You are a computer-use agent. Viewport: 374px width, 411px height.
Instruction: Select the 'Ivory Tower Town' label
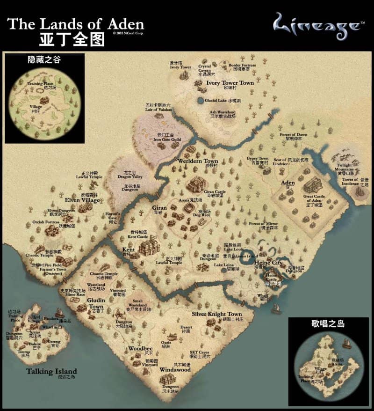pos(230,83)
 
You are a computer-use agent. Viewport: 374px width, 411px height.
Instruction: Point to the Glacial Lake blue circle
pos(201,100)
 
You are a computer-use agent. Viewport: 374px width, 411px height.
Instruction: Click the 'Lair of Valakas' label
pos(158,109)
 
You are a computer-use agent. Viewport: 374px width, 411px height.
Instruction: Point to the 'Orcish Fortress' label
pos(45,222)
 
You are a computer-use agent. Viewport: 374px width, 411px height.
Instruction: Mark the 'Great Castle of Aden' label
pos(314,198)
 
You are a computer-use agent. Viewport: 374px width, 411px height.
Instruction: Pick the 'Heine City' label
pos(268,263)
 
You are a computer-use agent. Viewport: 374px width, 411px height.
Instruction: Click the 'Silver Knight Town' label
pos(217,314)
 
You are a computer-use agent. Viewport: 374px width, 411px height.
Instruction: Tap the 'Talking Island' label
pos(51,371)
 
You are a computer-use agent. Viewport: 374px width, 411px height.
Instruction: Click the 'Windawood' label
pos(175,369)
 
